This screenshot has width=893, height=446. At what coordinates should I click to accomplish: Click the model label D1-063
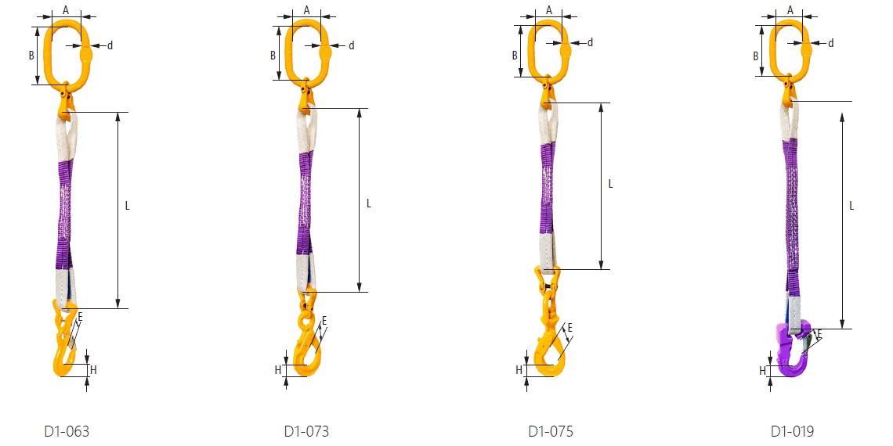point(67,431)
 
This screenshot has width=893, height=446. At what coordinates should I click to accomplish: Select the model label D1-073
point(306,431)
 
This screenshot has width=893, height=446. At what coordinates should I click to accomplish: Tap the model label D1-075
point(551,431)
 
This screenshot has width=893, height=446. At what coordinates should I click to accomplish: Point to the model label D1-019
point(792,431)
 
